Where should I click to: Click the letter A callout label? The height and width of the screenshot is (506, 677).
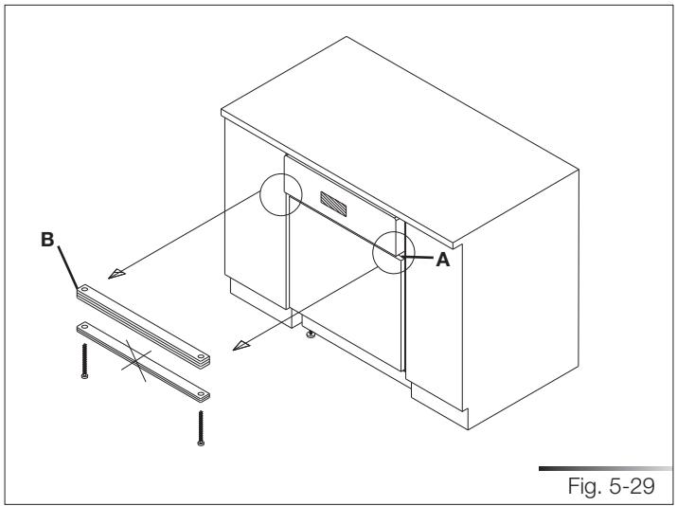pos(440,263)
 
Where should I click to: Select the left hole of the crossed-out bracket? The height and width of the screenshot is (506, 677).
pos(83,327)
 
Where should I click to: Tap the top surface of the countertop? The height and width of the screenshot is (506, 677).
pos(398,104)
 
